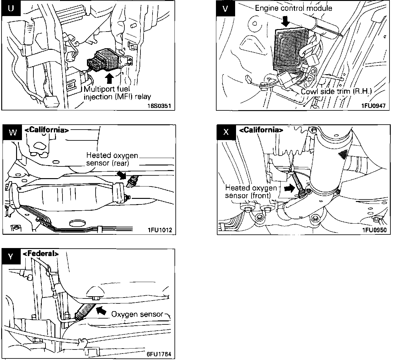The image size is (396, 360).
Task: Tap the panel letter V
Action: tap(225, 9)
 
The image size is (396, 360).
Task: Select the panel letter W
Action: tap(13, 132)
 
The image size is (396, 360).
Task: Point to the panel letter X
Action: tap(226, 132)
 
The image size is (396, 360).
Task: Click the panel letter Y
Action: tap(11, 257)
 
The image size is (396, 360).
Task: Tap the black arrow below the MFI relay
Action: tap(109, 78)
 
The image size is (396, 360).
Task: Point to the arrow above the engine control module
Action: tap(285, 21)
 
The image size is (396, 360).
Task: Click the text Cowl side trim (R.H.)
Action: tap(336, 91)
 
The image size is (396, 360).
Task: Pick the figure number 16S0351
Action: tap(159, 106)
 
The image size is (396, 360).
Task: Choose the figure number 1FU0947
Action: tap(373, 106)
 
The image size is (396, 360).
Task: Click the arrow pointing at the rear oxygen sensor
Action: tap(121, 175)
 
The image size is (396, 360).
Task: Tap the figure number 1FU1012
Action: tap(160, 230)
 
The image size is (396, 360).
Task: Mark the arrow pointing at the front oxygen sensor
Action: tap(289, 188)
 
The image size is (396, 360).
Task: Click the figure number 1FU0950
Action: tap(374, 230)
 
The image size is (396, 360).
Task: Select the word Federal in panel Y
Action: tap(41, 253)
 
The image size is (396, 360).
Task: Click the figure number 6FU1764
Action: tap(159, 354)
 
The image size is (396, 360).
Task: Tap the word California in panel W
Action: tap(47, 130)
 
